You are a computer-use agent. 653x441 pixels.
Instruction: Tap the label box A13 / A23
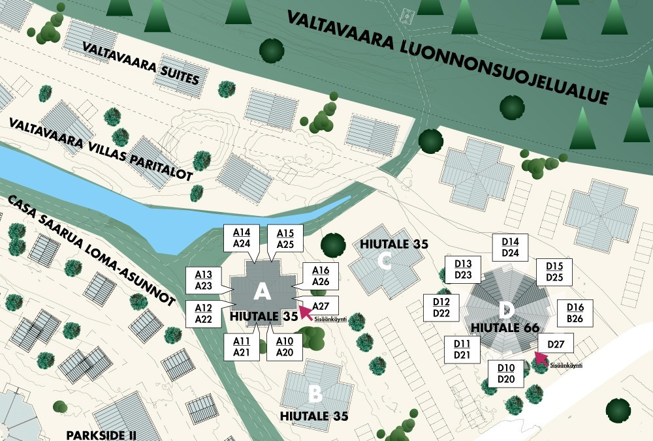[203, 280]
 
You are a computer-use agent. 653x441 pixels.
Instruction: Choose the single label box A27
[320, 306]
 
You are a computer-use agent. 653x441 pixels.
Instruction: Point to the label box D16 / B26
[575, 313]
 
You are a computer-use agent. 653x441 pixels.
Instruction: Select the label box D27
[556, 344]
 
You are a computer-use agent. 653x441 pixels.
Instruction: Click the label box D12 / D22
[441, 308]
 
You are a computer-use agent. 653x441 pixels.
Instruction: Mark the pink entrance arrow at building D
[540, 358]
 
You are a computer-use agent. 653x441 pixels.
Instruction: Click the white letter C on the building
[385, 263]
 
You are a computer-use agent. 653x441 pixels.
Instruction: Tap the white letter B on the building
[315, 393]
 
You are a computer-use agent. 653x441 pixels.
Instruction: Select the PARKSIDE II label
[101, 434]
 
